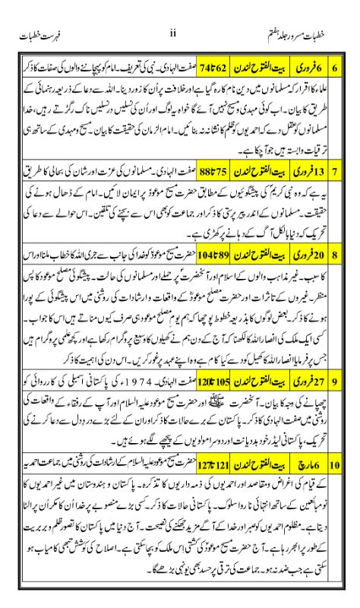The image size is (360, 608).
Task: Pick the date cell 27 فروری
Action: [x=305, y=377]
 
